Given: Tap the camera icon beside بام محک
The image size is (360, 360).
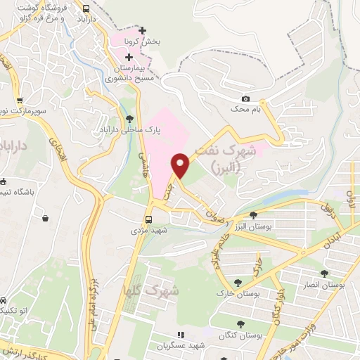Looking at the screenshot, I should click(245, 99).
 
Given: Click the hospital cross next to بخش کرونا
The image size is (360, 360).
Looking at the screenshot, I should click(143, 31).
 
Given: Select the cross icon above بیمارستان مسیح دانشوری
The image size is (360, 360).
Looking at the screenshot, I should click(129, 56).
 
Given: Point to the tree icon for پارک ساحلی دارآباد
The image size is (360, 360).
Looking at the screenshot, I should click(129, 119).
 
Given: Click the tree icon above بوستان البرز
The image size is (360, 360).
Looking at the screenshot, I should click(253, 215).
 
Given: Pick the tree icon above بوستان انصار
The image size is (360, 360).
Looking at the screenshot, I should click(324, 273).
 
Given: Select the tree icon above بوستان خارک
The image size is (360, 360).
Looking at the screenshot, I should click(242, 282).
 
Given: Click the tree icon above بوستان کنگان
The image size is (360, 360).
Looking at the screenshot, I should click(241, 323).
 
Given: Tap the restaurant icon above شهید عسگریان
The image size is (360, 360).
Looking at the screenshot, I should click(180, 335).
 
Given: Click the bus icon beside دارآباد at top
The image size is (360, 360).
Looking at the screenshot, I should click(86, 8).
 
